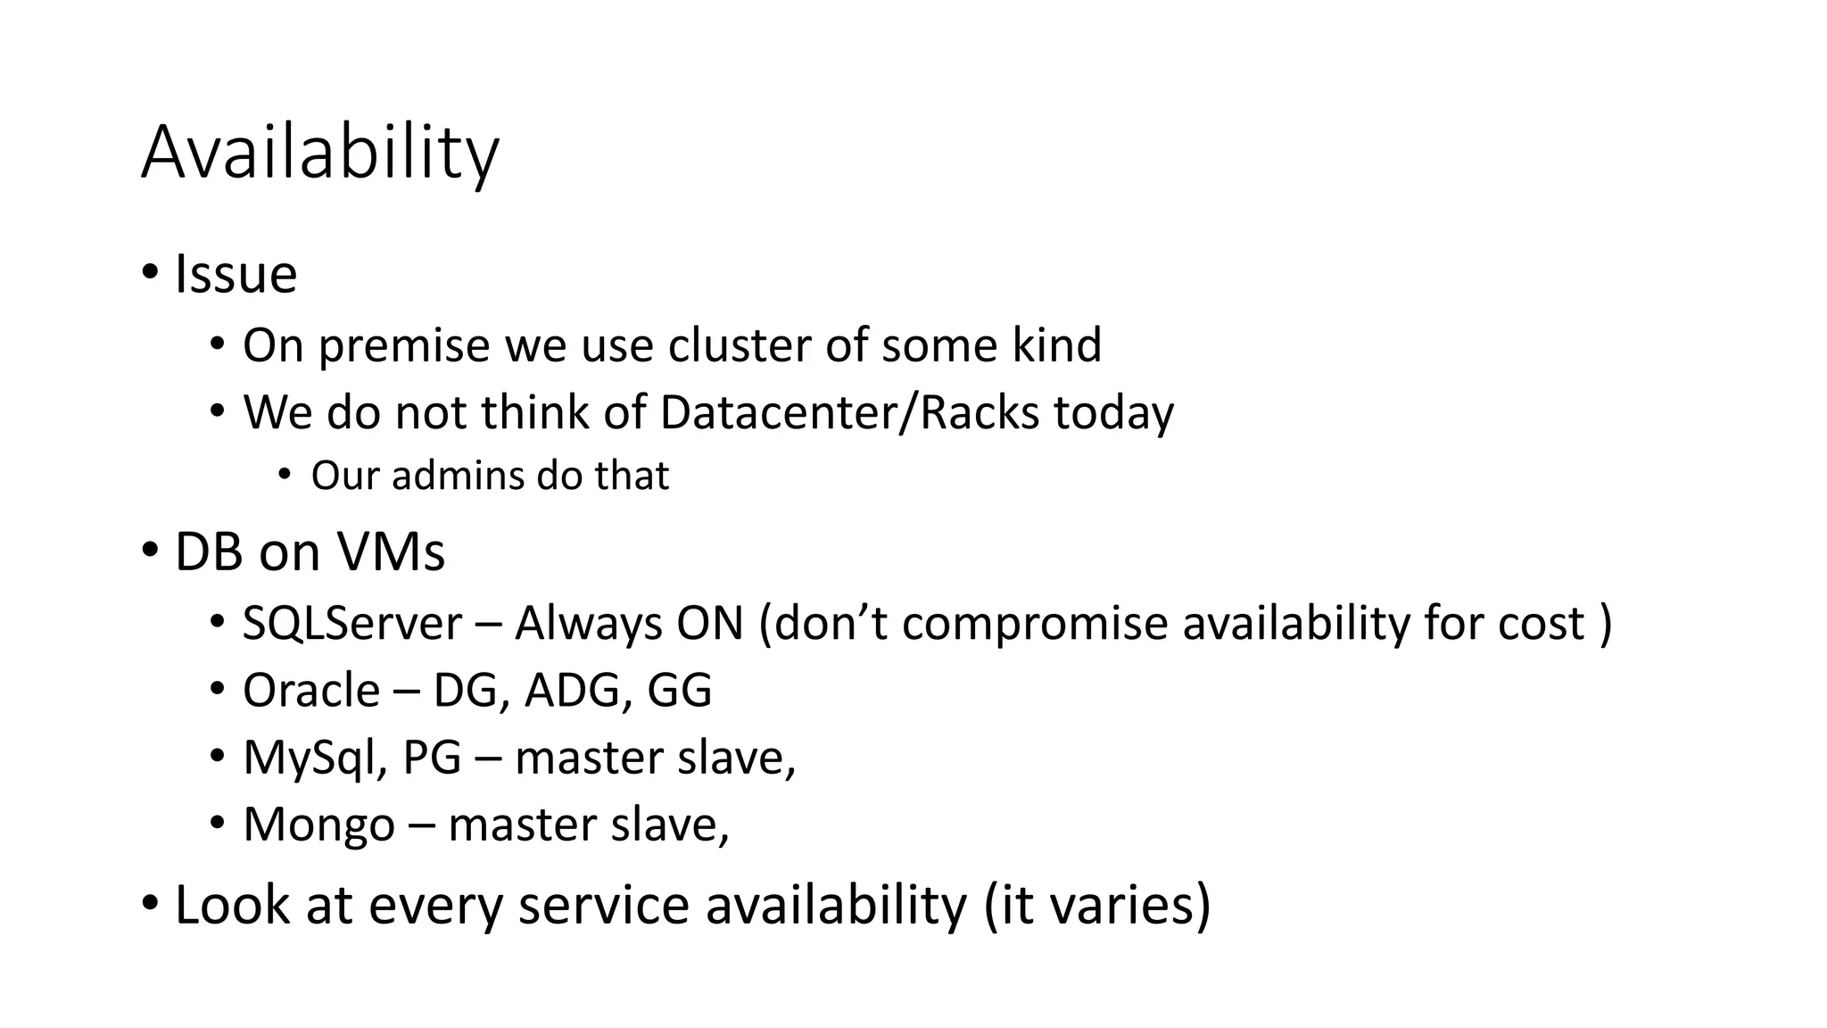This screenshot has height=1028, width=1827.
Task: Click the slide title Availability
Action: tap(319, 153)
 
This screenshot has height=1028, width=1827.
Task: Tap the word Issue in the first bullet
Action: tap(236, 274)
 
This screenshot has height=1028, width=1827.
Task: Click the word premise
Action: tap(404, 347)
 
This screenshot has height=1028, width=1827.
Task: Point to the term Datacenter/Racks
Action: tap(849, 413)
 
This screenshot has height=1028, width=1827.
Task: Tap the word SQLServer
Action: tap(352, 623)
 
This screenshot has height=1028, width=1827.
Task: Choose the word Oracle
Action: tap(311, 691)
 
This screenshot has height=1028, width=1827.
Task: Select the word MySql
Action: tap(315, 759)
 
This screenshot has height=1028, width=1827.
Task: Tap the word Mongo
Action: tap(318, 825)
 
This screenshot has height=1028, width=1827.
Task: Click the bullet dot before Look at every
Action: tap(150, 904)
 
